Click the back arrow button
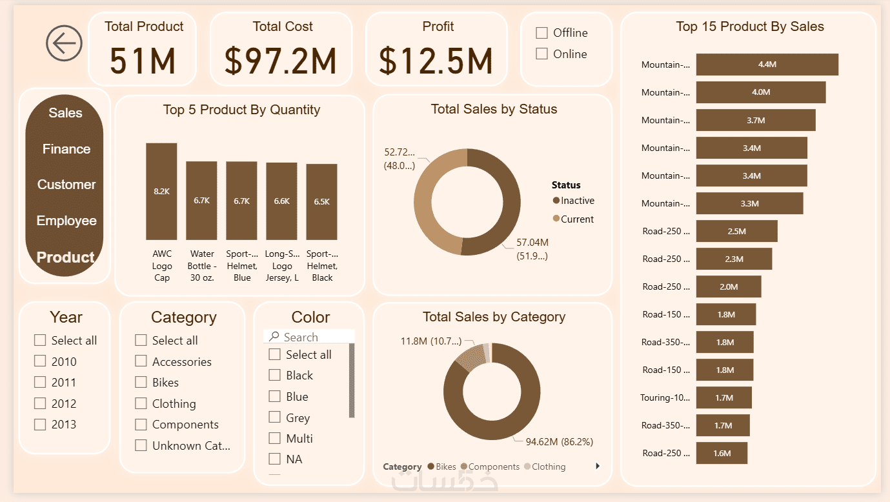point(64,43)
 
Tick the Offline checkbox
point(542,33)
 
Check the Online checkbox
point(542,54)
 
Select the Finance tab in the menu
point(66,149)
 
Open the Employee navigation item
point(66,221)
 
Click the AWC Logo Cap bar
point(161,192)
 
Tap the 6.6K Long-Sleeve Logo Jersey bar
point(281,201)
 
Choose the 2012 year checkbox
point(41,404)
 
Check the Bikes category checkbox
point(141,383)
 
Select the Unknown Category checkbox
point(141,446)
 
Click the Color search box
point(310,337)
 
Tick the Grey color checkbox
point(275,418)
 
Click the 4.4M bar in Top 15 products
point(767,65)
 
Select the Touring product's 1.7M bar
point(723,397)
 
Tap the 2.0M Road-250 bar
point(728,286)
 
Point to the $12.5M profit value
point(436,61)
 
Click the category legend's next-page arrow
point(598,466)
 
